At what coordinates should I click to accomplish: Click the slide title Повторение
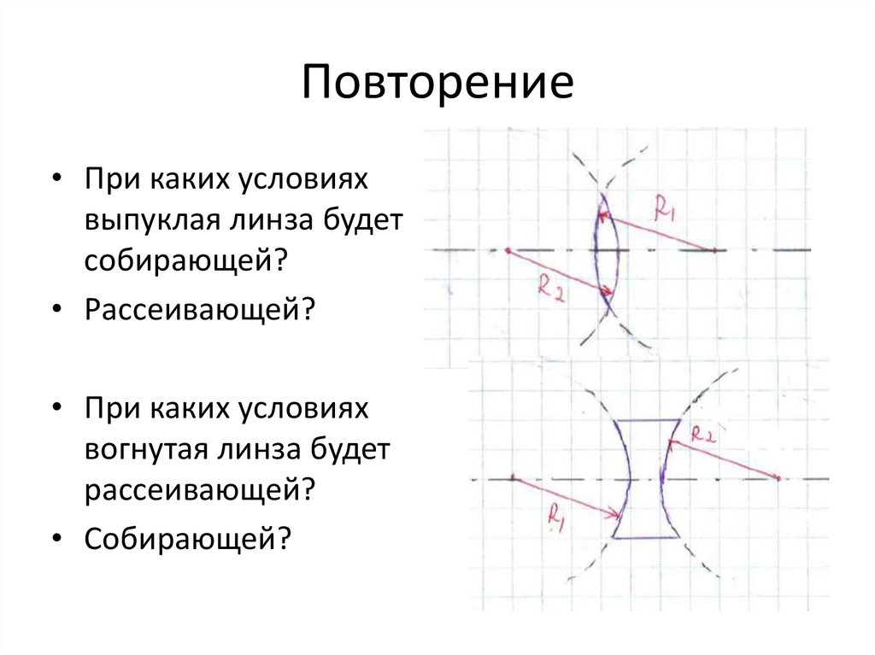point(437,84)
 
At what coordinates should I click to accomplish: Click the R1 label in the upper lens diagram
point(665,208)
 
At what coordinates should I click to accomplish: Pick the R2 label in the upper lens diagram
point(549,286)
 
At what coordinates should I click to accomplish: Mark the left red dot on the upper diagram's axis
point(508,251)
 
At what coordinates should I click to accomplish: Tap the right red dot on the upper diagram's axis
point(714,251)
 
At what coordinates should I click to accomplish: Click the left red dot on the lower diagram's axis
point(512,479)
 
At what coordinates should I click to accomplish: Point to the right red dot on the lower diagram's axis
point(779,479)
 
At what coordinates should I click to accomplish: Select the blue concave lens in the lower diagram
point(647,479)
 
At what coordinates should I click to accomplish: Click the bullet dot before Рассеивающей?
point(56,308)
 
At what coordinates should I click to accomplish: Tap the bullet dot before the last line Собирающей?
point(56,537)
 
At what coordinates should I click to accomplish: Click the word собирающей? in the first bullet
point(183,260)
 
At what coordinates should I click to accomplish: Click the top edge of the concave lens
point(647,420)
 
